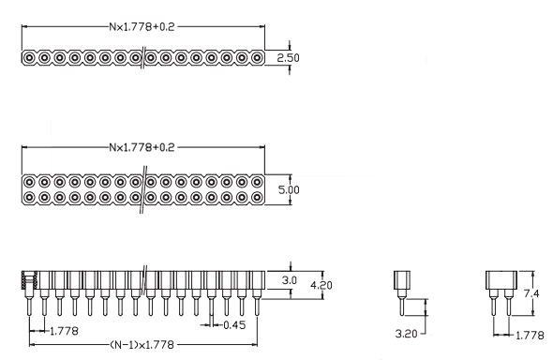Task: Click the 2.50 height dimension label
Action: coord(288,58)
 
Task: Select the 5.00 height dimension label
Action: coord(289,190)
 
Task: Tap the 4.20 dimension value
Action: coord(321,285)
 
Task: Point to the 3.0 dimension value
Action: coord(290,280)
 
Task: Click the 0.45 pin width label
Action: coord(234,325)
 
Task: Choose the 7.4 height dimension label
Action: coord(531,292)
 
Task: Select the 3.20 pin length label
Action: coord(406,334)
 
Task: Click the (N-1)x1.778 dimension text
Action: coord(142,344)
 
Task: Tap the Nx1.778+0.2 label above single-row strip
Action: coord(142,27)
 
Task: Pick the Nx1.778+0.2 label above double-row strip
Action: coord(142,147)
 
